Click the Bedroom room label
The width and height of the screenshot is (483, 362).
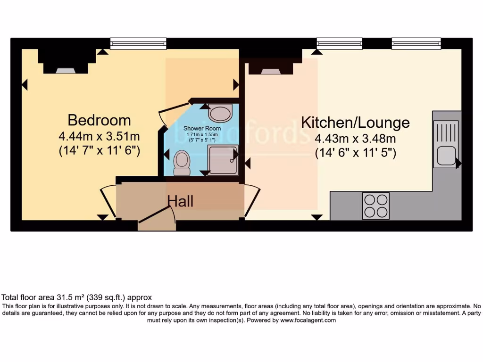[x=99, y=120]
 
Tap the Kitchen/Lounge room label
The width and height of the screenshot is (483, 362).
[x=355, y=123]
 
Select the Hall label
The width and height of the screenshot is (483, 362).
[x=180, y=202]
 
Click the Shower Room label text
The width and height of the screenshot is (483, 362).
[x=202, y=128]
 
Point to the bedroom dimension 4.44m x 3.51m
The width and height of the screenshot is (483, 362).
[x=99, y=137]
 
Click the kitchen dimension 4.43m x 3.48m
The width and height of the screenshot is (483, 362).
[x=355, y=139]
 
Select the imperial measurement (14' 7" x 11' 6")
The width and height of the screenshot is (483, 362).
[x=99, y=151]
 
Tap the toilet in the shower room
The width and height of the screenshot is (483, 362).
[x=182, y=162]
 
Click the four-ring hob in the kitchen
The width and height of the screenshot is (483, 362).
[x=375, y=206]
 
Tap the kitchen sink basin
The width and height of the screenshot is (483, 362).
[x=446, y=155]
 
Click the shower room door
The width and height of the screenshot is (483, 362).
[x=166, y=115]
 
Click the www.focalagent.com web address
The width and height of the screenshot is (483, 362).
[x=308, y=320]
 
